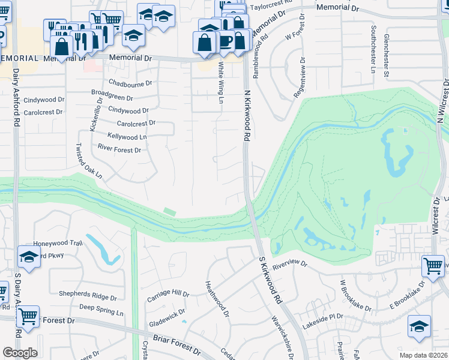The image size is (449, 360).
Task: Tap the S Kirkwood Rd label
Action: coord(271,280)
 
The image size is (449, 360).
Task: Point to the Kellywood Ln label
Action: coord(127,137)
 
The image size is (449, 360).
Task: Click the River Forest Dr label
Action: coord(119,149)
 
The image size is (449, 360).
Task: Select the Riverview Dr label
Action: coord(289,263)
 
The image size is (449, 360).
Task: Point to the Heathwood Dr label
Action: coord(217,299)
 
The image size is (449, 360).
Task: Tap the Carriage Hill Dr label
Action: coord(169,295)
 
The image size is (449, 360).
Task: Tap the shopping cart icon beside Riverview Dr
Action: coord(433,265)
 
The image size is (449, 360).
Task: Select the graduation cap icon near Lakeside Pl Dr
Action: coord(419,326)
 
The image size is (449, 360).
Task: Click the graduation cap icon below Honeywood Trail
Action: coord(29,256)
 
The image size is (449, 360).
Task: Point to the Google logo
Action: coord(20,352)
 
